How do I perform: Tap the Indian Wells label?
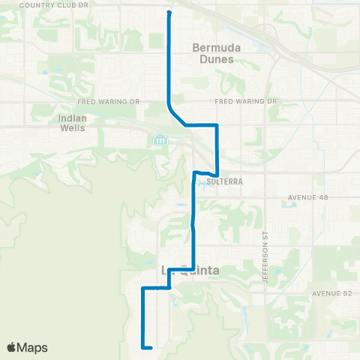pyautogui.click(x=71, y=122)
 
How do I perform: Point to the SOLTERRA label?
pyautogui.click(x=221, y=181)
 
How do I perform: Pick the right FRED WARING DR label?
pyautogui.click(x=246, y=101)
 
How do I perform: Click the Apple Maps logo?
pyautogui.click(x=27, y=347)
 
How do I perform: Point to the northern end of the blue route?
pyautogui.click(x=169, y=12)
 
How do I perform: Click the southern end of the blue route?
pyautogui.click(x=151, y=347)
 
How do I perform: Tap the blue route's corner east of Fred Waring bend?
pyautogui.click(x=217, y=124)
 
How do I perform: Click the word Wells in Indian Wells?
pyautogui.click(x=72, y=127)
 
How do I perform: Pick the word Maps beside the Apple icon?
pyautogui.click(x=33, y=347)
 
